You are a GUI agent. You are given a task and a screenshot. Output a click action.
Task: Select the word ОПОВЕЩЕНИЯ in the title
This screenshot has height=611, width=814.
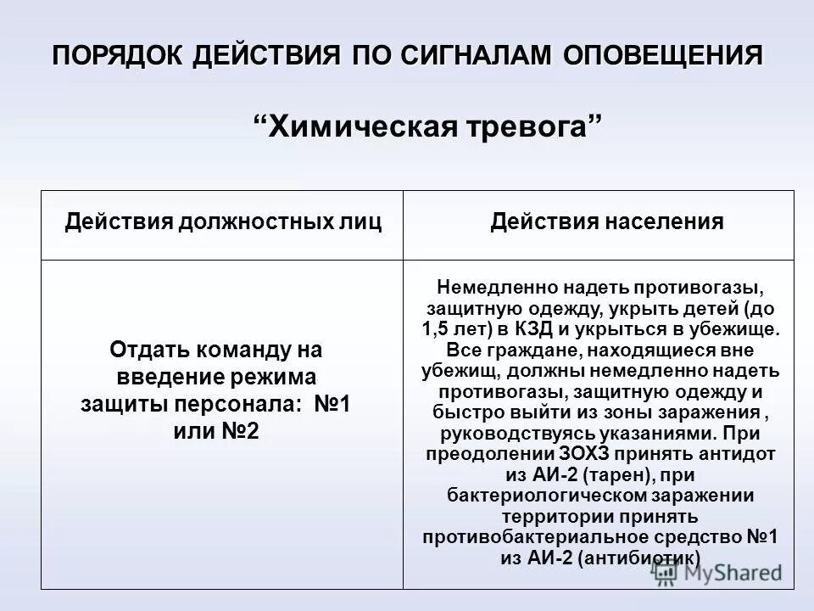(661, 58)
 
